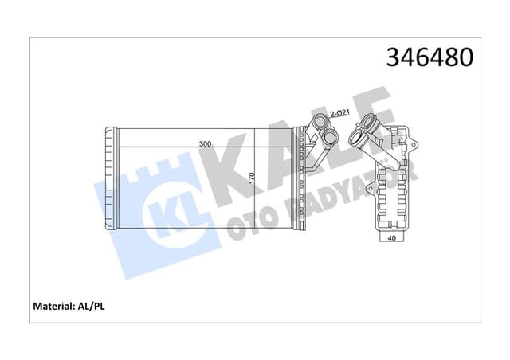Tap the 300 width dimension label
[205, 144]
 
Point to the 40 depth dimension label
[391, 237]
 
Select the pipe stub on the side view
[371, 131]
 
